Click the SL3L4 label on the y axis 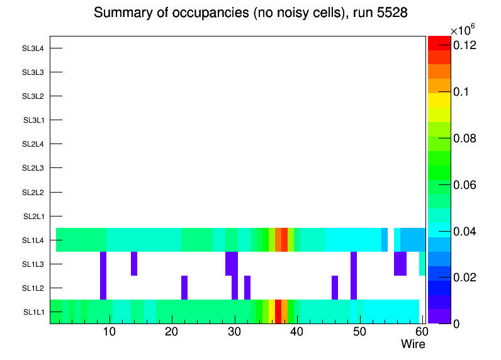coord(33,48)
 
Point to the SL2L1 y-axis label coord(33,216)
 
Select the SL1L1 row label coord(33,312)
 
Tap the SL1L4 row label coord(33,240)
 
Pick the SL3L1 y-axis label coord(33,120)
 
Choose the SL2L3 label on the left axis coord(33,168)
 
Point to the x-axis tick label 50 coord(359,332)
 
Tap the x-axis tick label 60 coord(420,332)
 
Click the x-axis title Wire coord(413,344)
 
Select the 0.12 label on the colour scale coord(464,45)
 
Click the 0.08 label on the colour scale coord(464,138)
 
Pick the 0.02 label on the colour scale coord(464,278)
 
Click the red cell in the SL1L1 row coord(278,312)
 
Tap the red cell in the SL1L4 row coord(284,240)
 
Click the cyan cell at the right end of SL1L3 coord(422,264)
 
